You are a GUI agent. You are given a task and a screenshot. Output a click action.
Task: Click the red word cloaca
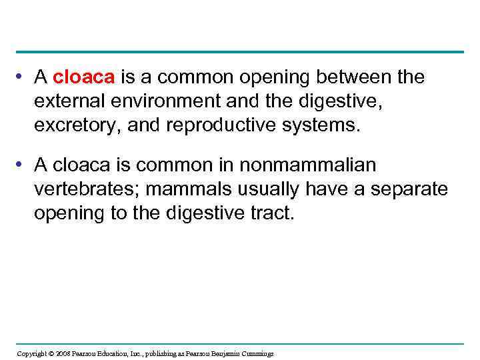(x=84, y=78)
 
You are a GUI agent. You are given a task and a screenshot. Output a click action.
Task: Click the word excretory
(x=76, y=127)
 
